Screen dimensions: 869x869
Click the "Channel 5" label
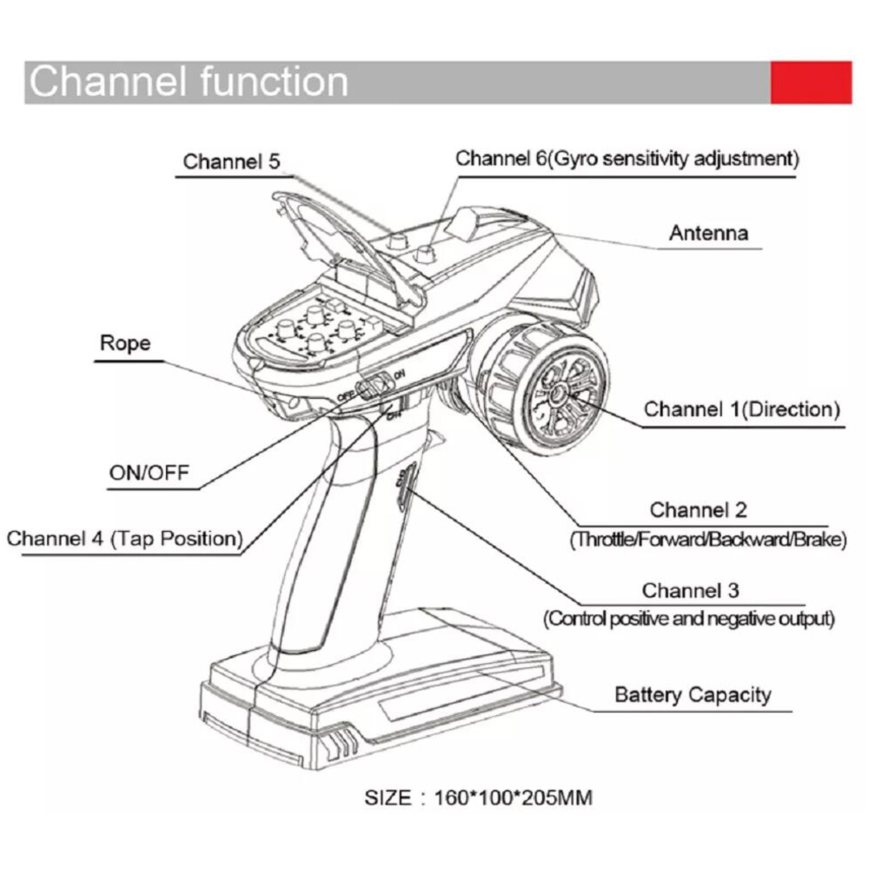[231, 162]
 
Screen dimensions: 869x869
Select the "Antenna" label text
[708, 233]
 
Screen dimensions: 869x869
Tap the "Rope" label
[125, 342]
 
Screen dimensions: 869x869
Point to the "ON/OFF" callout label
[149, 473]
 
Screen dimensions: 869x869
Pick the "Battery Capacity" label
[693, 694]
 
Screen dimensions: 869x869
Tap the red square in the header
[811, 83]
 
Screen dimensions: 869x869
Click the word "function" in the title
[274, 82]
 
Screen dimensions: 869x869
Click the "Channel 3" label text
[690, 591]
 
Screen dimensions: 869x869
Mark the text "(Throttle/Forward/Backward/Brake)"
[707, 540]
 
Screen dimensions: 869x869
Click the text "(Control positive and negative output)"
[689, 620]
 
